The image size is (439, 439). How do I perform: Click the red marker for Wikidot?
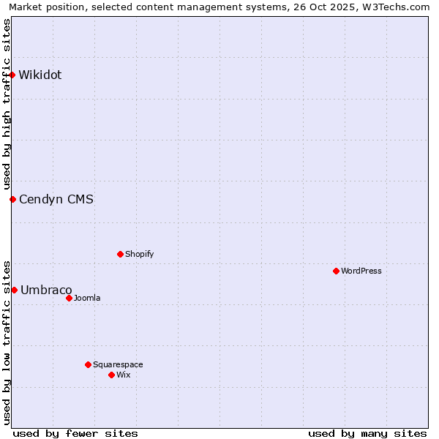point(12,75)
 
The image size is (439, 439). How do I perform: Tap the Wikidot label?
point(40,75)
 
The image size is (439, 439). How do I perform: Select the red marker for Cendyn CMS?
point(12,199)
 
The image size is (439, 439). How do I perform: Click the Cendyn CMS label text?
point(56,199)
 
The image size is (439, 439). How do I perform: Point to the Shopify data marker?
point(120,254)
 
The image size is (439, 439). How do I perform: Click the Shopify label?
point(139,254)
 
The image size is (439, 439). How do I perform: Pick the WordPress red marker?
point(336,271)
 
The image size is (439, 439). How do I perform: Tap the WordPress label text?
point(361,271)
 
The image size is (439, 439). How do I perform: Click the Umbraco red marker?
point(14,290)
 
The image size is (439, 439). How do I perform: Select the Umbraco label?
point(46,290)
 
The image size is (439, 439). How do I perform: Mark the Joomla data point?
point(69,298)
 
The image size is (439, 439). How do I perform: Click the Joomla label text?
point(87,298)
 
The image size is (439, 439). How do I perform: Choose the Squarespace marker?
point(88,364)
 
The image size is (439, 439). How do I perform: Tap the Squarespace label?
point(118,364)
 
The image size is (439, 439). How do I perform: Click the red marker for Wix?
point(111,375)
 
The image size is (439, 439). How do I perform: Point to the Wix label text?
point(124,375)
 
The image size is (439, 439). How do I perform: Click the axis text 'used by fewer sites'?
point(75,433)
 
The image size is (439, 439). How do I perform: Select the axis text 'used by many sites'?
point(367,433)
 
